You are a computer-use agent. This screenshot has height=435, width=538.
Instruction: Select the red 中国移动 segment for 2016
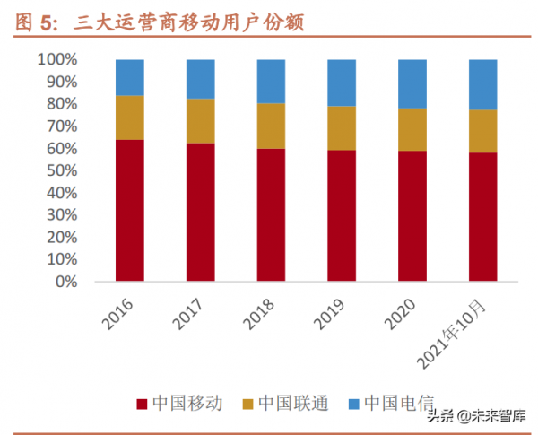[x=130, y=211]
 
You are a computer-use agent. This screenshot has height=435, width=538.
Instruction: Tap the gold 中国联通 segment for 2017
[x=201, y=121]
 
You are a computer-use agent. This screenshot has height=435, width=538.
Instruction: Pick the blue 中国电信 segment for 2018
[x=271, y=82]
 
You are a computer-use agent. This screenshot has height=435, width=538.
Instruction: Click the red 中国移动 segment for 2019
[x=342, y=215]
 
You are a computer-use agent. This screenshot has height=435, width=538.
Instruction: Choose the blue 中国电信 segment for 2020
[x=412, y=83]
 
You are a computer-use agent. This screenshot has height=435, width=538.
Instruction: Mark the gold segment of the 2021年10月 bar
[x=483, y=131]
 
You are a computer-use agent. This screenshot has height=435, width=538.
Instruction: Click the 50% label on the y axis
[x=63, y=170]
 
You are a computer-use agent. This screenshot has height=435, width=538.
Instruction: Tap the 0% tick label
[x=67, y=282]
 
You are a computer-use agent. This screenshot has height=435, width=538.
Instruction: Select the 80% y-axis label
[x=63, y=104]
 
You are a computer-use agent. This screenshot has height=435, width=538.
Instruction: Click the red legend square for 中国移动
[x=142, y=404]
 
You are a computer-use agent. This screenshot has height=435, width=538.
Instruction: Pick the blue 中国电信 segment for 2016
[x=130, y=77]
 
